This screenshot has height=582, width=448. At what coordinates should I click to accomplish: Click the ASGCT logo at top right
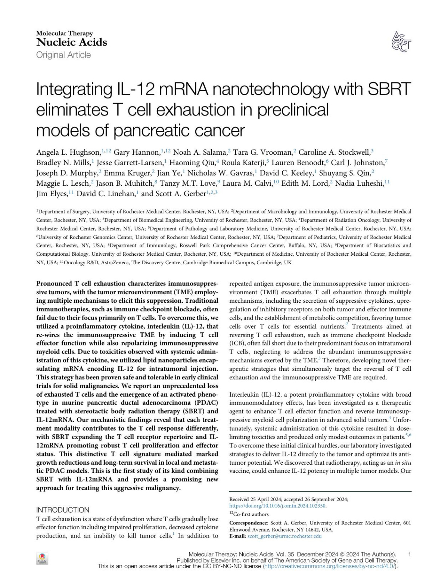pyautogui.click(x=401, y=41)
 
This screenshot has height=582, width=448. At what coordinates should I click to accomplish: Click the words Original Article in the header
pyautogui.click(x=63, y=55)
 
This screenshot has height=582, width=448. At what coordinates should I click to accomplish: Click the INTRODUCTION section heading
pyautogui.click(x=63, y=510)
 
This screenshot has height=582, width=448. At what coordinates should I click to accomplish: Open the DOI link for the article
pyautogui.click(x=277, y=506)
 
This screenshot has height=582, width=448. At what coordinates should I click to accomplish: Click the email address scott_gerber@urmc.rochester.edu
pyautogui.click(x=284, y=536)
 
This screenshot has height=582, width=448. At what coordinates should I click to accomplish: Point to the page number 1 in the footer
pyautogui.click(x=410, y=554)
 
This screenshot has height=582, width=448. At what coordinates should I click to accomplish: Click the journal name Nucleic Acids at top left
pyautogui.click(x=72, y=42)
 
